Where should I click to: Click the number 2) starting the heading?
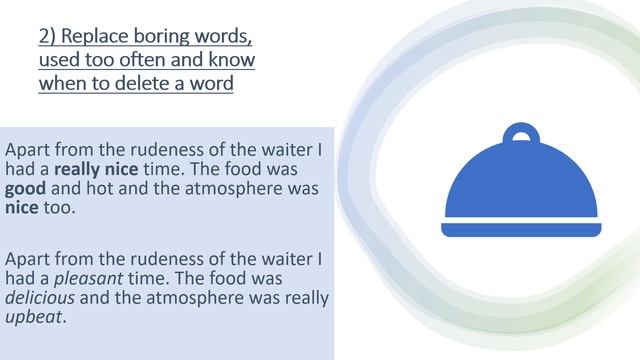(x=50, y=38)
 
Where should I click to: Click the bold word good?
(x=26, y=189)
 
